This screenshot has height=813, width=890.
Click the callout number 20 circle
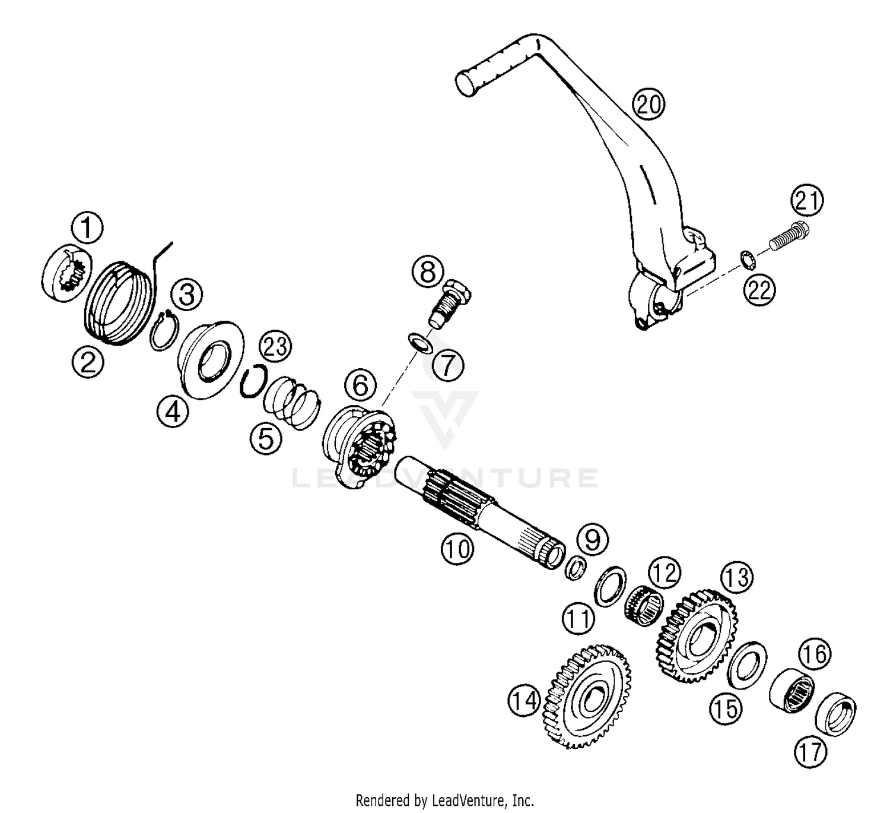tap(648, 105)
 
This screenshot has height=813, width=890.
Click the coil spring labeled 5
tap(292, 401)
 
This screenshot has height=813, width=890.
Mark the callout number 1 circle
tap(87, 227)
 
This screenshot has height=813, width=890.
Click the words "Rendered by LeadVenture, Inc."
tap(445, 800)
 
